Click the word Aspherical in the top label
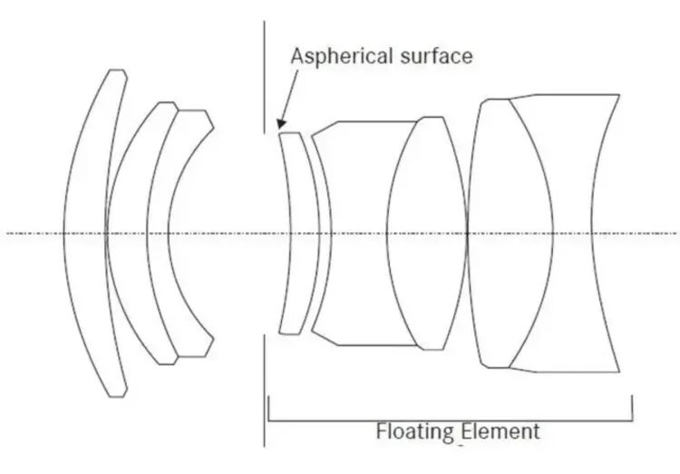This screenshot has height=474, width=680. (x=335, y=55)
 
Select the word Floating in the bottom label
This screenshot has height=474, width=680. (x=413, y=430)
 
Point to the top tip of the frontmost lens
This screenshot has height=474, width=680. (x=114, y=71)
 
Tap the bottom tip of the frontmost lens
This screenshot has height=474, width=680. (x=115, y=395)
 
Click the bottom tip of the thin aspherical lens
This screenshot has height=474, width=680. (x=289, y=333)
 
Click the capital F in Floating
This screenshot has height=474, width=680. (x=382, y=430)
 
